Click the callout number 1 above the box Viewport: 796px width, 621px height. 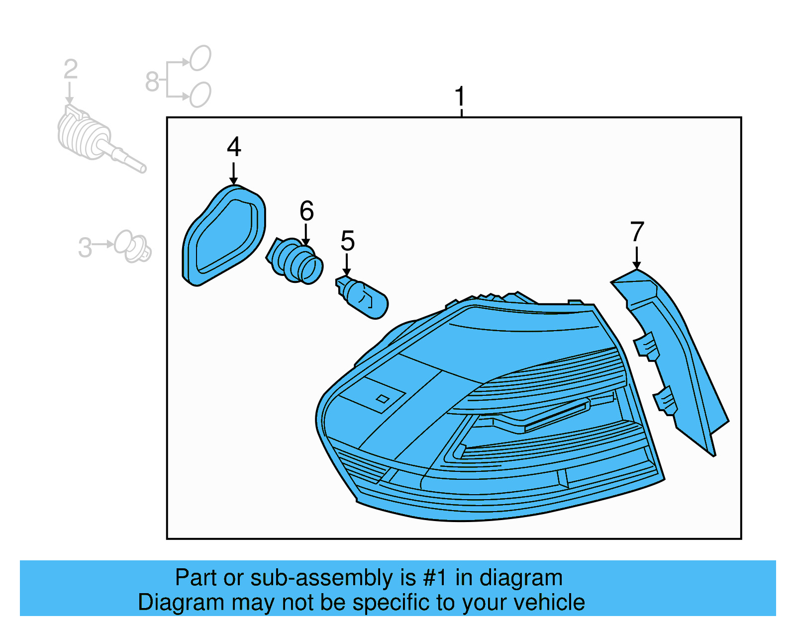point(460,96)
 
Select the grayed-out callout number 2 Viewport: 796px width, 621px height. point(70,70)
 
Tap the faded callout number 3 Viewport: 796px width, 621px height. point(85,247)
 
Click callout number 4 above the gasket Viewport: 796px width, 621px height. point(234,147)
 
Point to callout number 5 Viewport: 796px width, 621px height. point(347,241)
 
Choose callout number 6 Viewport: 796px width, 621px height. point(306,211)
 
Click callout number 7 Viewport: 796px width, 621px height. point(637,232)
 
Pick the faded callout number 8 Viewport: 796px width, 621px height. point(152,82)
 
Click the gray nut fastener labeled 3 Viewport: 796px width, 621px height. point(132,246)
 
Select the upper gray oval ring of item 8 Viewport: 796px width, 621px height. point(200,58)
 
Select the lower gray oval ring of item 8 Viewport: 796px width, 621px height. point(200,94)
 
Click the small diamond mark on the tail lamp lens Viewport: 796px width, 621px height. point(382,399)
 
